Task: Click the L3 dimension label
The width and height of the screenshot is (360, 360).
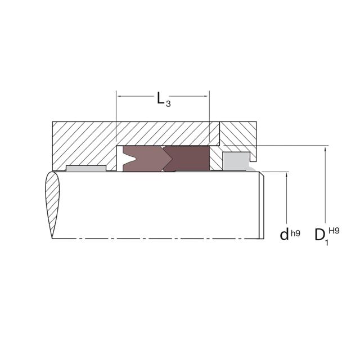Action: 164,99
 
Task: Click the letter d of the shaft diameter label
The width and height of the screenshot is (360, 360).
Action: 284,235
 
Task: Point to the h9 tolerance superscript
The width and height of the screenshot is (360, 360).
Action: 295,233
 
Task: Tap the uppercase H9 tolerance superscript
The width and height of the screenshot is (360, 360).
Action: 334,231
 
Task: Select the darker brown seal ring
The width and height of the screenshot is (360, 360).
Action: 186,159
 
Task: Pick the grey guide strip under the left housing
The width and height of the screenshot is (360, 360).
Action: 86,168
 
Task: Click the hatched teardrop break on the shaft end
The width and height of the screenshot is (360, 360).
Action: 52,205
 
